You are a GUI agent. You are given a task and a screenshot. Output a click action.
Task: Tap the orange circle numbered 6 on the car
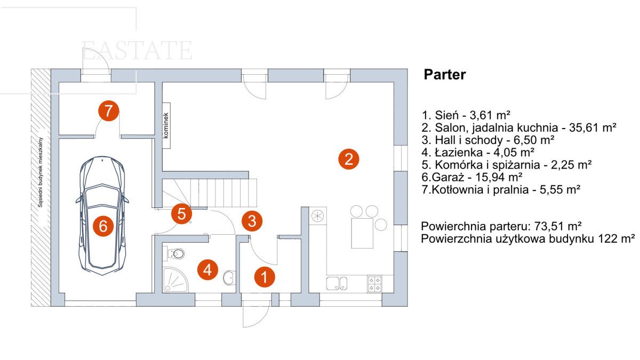[x=103, y=227]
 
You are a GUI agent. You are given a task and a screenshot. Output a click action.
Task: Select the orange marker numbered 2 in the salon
[x=348, y=158]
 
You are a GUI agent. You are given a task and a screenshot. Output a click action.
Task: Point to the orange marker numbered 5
[x=181, y=214]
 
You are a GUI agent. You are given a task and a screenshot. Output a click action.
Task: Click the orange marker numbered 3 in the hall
[x=252, y=220]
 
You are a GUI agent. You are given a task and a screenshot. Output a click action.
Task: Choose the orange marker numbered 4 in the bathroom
[x=207, y=270]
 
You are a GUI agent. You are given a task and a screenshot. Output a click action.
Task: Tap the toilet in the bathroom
[x=175, y=252]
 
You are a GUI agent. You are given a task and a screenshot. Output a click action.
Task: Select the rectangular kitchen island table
[x=362, y=232]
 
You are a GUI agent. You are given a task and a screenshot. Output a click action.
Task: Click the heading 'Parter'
[x=444, y=75]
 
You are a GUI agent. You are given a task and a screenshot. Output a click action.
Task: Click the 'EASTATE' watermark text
[x=137, y=51]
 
